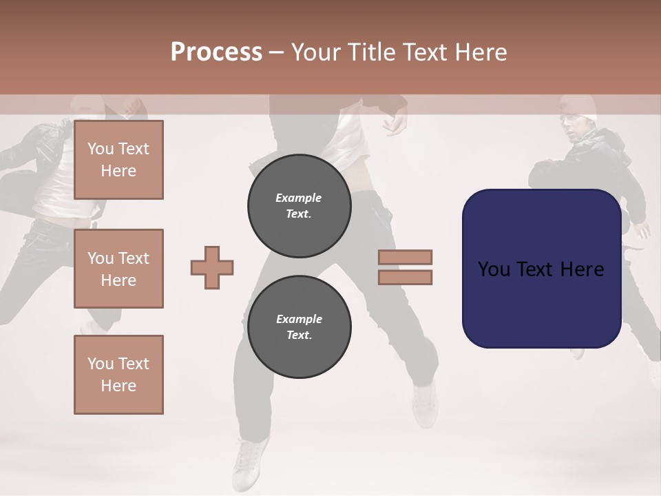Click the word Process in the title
coord(216,52)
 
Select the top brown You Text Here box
coord(118,160)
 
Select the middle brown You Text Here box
coord(118,269)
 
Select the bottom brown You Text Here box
coord(118,375)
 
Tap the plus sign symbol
coord(212,267)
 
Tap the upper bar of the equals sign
coord(405,257)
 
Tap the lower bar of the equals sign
coord(405,277)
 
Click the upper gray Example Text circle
coord(300,205)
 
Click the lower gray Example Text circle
coord(300,327)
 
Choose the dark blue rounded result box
coord(541,269)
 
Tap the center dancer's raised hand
coord(395,123)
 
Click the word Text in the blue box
coord(539,269)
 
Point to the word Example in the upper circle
coord(299,198)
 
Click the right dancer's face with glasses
coord(574,127)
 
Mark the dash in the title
coord(277,52)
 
